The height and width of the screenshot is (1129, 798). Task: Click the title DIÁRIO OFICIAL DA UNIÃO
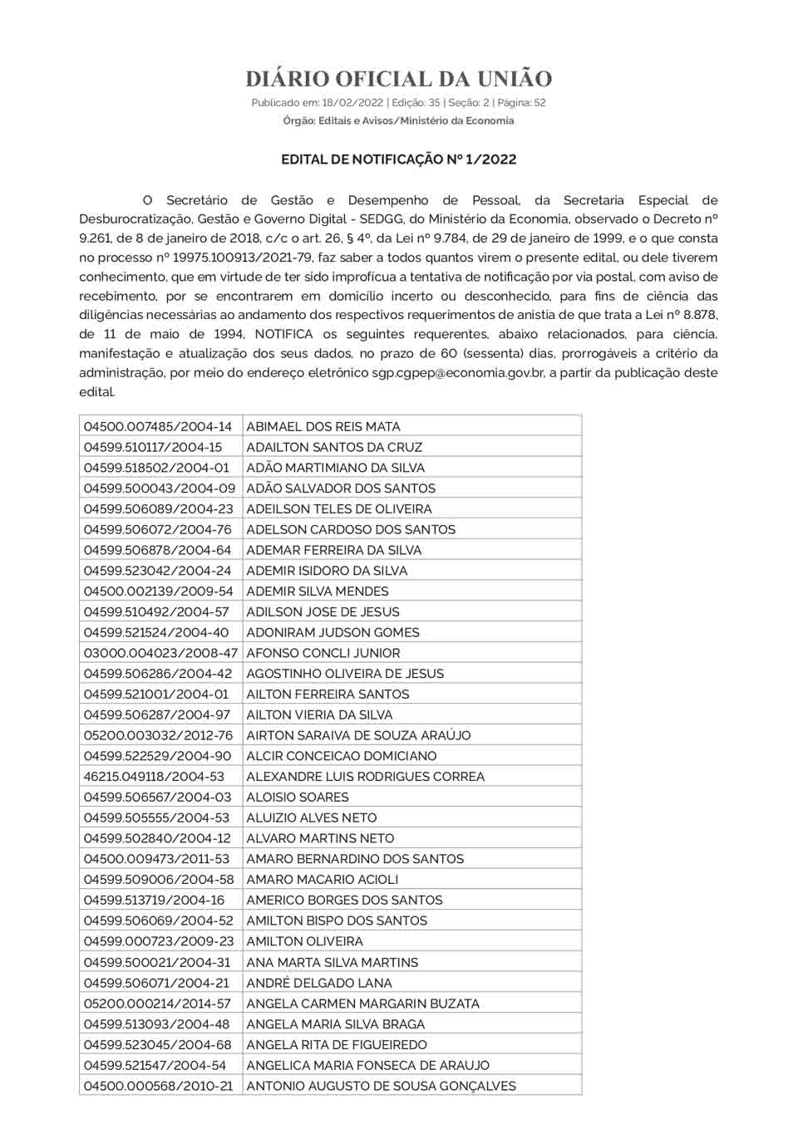[398, 79]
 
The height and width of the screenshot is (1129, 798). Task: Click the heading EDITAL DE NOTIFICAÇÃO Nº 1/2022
[398, 160]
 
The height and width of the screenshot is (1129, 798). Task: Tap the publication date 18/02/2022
[352, 103]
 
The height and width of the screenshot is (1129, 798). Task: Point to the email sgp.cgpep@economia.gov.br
[458, 373]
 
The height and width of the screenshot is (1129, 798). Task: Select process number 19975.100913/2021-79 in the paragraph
[242, 258]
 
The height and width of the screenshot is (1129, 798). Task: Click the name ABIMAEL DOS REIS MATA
[323, 426]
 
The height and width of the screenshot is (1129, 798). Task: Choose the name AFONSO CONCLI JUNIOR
[323, 653]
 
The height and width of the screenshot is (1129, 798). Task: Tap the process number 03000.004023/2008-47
[160, 653]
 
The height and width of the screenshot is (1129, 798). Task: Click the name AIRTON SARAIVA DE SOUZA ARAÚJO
[358, 735]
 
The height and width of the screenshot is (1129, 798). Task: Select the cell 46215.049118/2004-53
[154, 777]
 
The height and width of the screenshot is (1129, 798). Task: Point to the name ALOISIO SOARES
[298, 798]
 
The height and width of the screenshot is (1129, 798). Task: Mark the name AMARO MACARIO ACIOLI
[323, 880]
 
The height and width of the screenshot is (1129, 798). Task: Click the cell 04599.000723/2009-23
[159, 941]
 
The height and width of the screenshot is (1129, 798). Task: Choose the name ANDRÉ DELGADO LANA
[319, 983]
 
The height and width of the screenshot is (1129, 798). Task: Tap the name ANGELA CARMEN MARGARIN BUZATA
[363, 1004]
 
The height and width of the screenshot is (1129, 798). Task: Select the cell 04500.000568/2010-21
[158, 1086]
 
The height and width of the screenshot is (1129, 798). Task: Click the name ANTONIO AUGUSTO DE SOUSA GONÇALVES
[382, 1086]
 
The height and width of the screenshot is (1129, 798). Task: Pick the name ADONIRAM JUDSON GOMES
[332, 632]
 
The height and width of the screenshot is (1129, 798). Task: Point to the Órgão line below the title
[398, 121]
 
